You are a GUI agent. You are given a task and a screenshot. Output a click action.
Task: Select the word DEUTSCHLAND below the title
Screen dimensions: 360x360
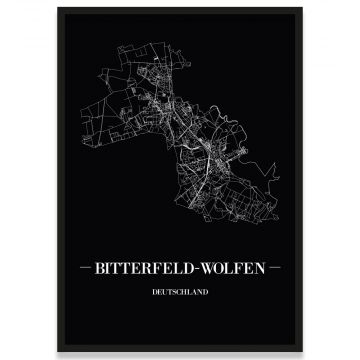tap(180, 295)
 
